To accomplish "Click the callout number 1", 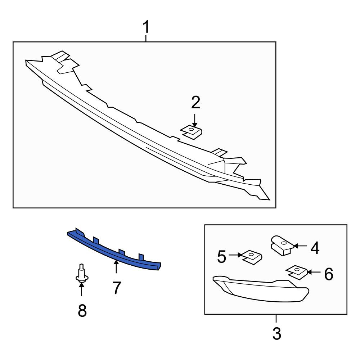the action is [146, 27].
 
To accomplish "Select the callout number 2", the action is [195, 103].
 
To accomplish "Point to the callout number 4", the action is [315, 248].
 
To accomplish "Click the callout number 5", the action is [221, 257].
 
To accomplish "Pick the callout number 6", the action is [329, 274].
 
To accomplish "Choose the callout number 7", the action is [117, 288].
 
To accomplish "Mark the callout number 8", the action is [82, 310].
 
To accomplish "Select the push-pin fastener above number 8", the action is [82, 274].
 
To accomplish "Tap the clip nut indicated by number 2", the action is [192, 132].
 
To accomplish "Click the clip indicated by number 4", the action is [282, 245].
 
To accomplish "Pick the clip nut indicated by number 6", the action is [297, 272].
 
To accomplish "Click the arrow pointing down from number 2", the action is [195, 120].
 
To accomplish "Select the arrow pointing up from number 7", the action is [116, 267].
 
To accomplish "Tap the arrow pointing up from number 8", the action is [81, 290].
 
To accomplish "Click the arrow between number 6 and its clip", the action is [314, 272].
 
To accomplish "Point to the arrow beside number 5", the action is [236, 255].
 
